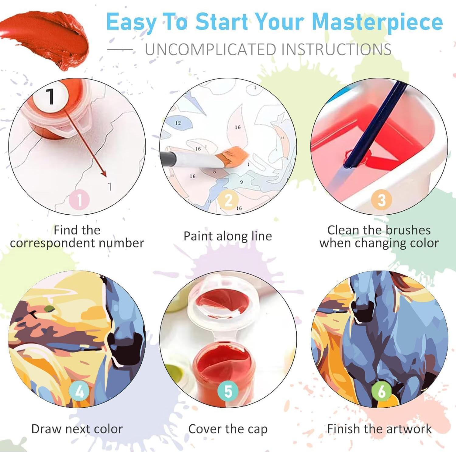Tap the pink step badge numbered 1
(79, 200)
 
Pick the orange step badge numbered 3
(381, 200)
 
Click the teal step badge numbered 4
(79, 391)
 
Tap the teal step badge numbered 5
(228, 391)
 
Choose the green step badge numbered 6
(381, 391)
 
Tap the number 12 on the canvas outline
(178, 123)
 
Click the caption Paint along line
(228, 236)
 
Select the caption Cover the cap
(228, 429)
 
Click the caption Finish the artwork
(379, 429)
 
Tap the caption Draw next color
(77, 429)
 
